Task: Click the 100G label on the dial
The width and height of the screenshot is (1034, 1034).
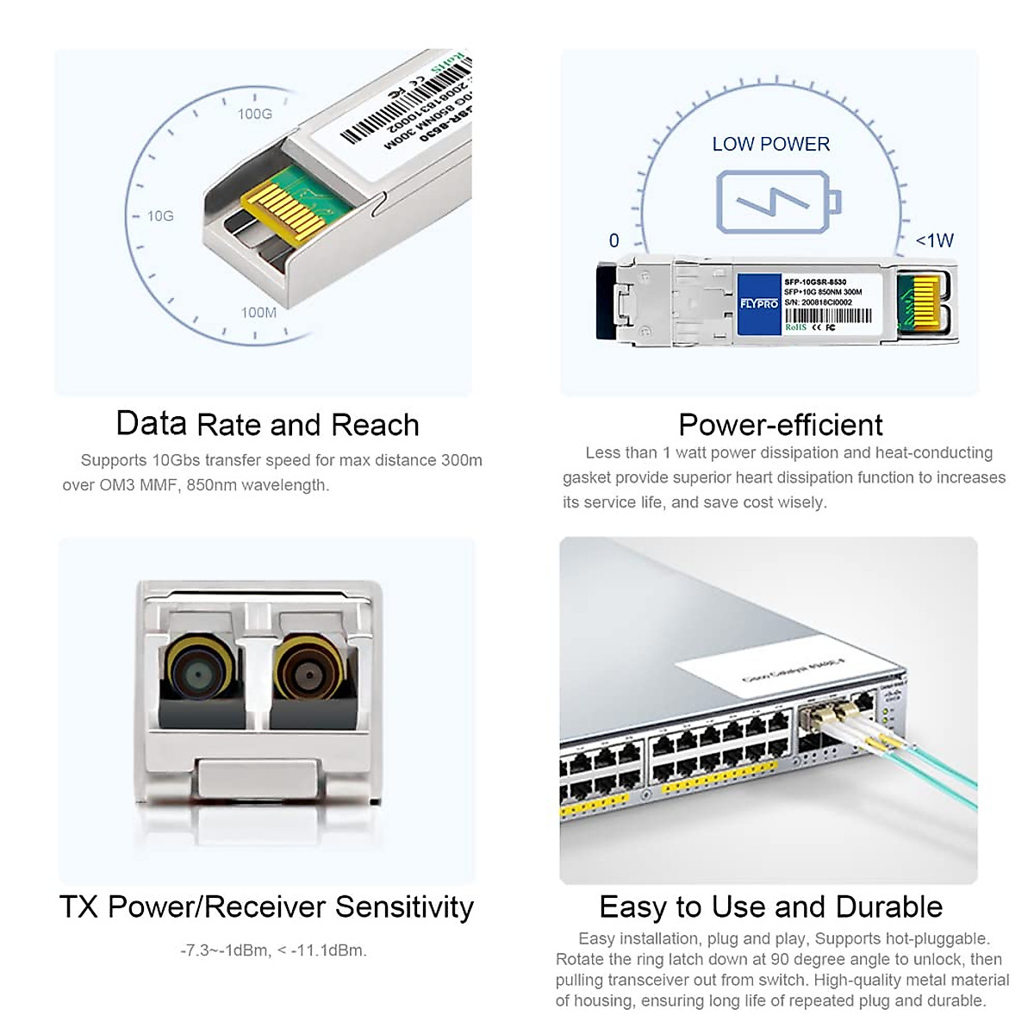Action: click(x=255, y=114)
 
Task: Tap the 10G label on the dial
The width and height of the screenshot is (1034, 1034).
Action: click(x=160, y=215)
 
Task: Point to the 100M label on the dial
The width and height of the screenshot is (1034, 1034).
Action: click(x=258, y=312)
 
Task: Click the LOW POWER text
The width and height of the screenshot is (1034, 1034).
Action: click(x=770, y=145)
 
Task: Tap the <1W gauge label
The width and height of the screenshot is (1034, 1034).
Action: click(x=935, y=240)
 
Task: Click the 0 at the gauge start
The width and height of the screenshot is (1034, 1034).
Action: click(x=614, y=240)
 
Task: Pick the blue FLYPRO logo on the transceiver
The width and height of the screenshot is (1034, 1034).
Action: click(x=759, y=303)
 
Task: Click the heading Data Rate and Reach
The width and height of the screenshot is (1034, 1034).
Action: click(x=267, y=425)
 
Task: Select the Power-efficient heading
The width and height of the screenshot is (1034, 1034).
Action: click(x=781, y=425)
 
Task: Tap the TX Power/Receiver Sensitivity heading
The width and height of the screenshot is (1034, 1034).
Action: click(x=266, y=907)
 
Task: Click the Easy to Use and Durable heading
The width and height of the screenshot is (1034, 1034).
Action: click(x=770, y=907)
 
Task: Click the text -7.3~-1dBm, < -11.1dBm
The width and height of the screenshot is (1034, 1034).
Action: click(x=273, y=950)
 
